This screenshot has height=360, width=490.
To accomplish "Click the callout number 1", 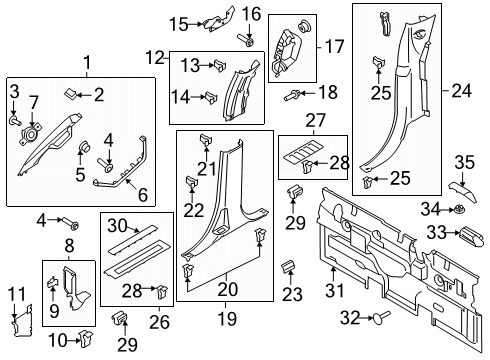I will click(86, 63).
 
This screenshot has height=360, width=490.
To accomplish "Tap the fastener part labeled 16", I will click(246, 40).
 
